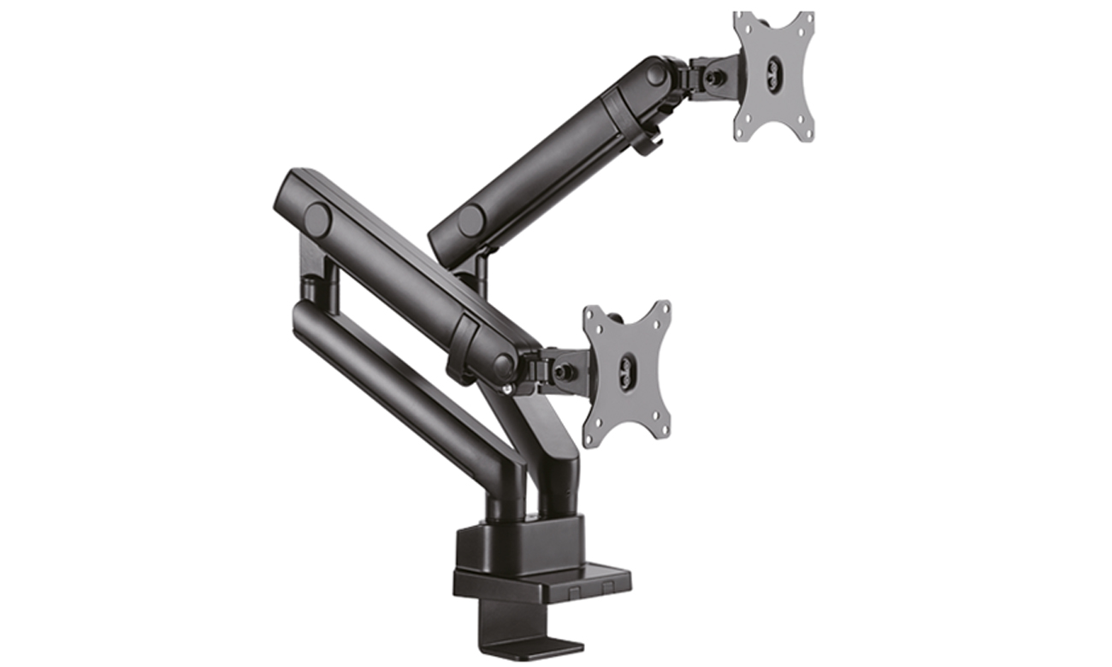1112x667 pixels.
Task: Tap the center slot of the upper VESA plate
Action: click(774, 69)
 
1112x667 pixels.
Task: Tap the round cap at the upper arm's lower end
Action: click(470, 221)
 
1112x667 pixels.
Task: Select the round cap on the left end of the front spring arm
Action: click(317, 220)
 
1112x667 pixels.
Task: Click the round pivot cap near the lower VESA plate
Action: click(503, 366)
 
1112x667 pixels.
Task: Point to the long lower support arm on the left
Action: click(402, 393)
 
